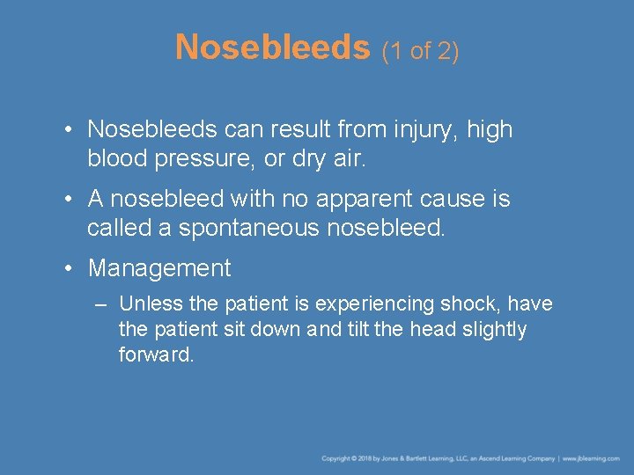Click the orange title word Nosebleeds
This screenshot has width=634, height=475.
tap(272, 47)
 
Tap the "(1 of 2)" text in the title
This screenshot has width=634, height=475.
tap(420, 52)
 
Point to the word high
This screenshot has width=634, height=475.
tap(490, 130)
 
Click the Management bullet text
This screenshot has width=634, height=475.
tap(159, 268)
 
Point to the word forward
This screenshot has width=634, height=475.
tap(156, 355)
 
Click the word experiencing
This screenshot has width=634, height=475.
tap(380, 305)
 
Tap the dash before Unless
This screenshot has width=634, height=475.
tap(100, 304)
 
